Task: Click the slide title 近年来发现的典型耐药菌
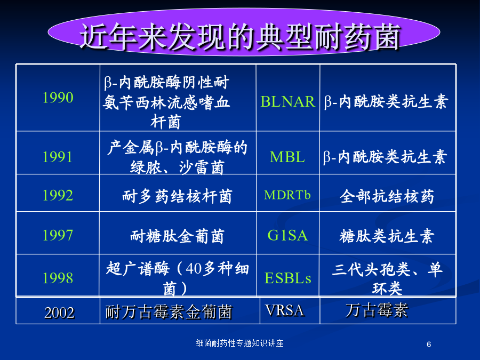pos(241,36)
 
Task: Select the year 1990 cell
pos(58,98)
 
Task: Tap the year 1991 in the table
pos(58,157)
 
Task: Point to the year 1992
pos(58,195)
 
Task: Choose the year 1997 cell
pos(58,235)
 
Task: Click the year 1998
pos(58,278)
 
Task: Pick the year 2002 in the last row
pos(59,313)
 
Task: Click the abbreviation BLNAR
pos(287,101)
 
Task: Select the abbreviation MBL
pos(287,157)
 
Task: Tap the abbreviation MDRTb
pos(287,195)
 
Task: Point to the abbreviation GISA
pos(287,235)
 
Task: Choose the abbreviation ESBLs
pos(288,278)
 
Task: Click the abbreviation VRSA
pos(285,310)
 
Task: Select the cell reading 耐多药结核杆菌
pos(177,196)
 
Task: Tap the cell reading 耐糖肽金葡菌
pos(177,236)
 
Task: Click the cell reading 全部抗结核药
pos(387,196)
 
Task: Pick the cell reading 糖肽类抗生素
pos(387,236)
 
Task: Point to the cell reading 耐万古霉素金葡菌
pos(169,312)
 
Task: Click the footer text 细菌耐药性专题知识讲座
pos(239,343)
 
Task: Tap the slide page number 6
pos(429,345)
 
